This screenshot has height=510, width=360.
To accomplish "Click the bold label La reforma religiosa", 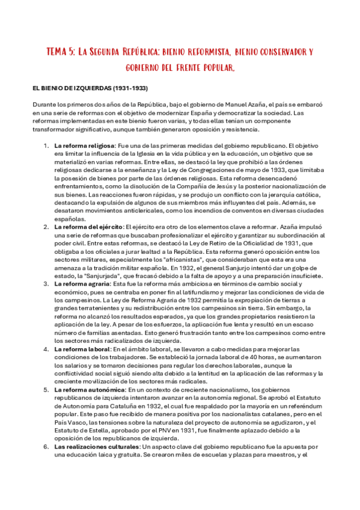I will pyautogui.click(x=84, y=146).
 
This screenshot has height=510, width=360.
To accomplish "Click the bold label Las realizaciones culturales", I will pyautogui.click(x=96, y=447).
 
